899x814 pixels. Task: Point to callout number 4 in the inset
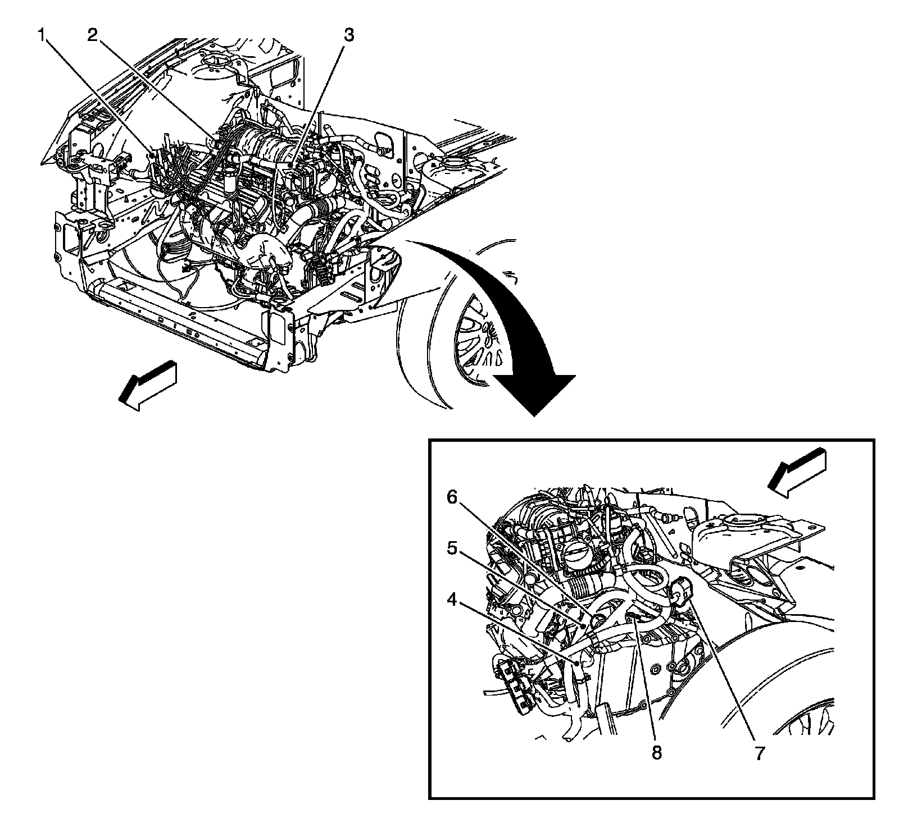(x=452, y=600)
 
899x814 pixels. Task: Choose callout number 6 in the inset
(x=452, y=496)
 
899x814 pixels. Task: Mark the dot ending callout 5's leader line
(x=584, y=625)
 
